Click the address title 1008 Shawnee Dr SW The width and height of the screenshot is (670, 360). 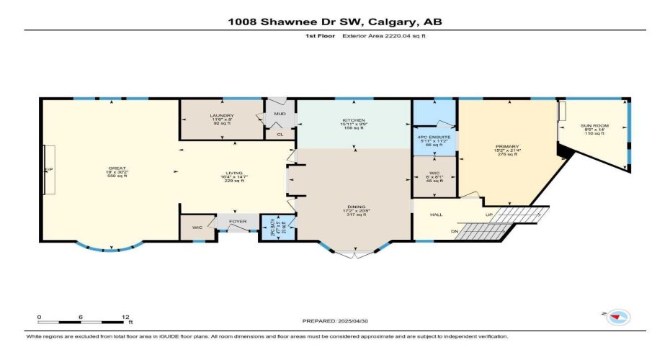[335, 21]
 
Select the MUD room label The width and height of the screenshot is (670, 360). [278, 114]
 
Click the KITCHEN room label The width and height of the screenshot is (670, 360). [353, 120]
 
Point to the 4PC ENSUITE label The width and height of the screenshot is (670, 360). [433, 137]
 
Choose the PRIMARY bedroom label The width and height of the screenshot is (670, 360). [506, 146]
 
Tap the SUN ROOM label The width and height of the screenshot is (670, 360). [595, 126]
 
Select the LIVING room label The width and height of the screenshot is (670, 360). [231, 173]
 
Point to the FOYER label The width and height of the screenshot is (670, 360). [238, 222]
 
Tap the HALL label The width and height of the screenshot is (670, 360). [436, 215]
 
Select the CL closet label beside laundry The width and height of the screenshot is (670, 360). [278, 133]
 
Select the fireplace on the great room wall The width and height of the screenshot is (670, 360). [49, 169]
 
